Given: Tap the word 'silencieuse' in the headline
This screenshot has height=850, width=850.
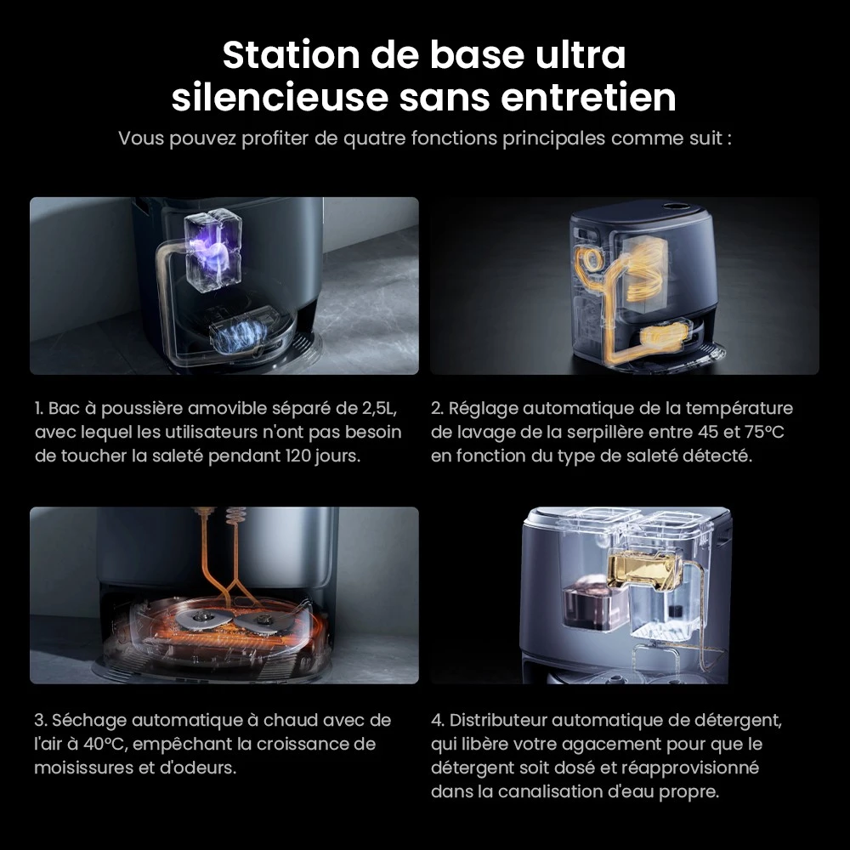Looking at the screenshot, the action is point(280,98).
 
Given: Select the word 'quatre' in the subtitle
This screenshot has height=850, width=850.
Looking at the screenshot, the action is point(374,139).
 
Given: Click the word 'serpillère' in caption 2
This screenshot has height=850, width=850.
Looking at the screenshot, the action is point(602,433).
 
